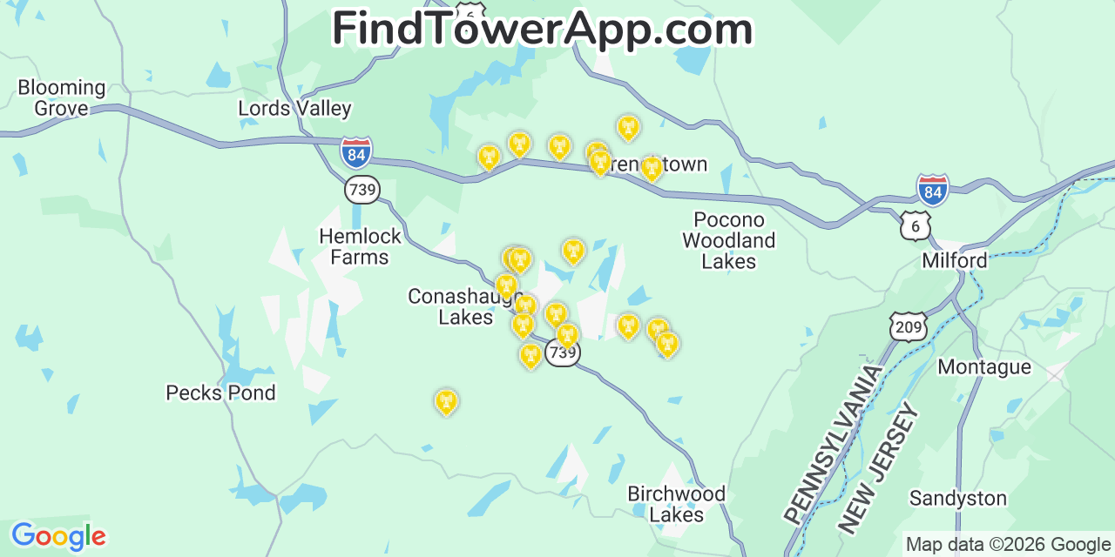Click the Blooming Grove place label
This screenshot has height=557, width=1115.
click(x=61, y=97)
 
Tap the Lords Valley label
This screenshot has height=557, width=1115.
click(x=294, y=109)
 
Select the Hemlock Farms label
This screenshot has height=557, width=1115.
click(x=360, y=246)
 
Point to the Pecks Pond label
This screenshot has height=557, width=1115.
click(x=220, y=393)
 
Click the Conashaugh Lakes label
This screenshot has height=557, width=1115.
click(x=465, y=306)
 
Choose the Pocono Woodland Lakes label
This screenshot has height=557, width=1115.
click(x=728, y=239)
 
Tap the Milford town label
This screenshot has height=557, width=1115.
click(x=955, y=260)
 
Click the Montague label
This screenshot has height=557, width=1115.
click(x=983, y=367)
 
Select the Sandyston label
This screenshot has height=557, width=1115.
click(x=957, y=499)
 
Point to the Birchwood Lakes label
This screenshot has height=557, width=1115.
click(x=676, y=504)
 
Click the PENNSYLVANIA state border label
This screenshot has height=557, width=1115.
click(x=833, y=444)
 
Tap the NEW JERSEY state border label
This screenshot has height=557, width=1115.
click(x=878, y=467)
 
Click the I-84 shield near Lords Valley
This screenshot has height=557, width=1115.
click(x=355, y=152)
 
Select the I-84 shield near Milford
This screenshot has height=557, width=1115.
click(x=932, y=189)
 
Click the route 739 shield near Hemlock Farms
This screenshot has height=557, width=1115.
click(x=362, y=189)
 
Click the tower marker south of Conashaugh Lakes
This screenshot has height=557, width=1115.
click(x=446, y=401)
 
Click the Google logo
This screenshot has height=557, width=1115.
click(x=57, y=536)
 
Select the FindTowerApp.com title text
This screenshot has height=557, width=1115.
click(x=542, y=29)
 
